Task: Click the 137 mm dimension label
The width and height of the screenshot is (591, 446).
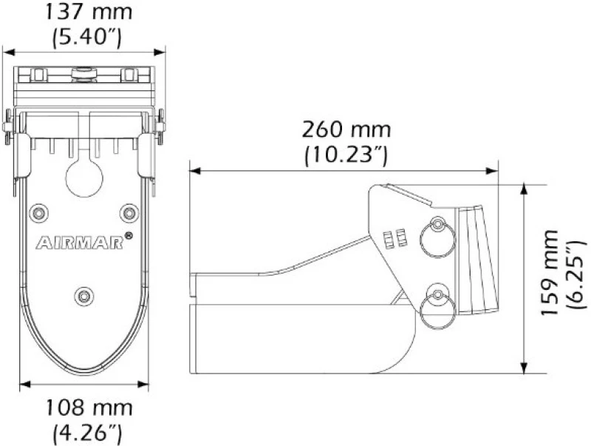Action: pos(89,12)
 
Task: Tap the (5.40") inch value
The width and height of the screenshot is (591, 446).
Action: pos(87,37)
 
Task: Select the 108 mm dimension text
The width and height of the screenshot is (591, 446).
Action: pos(89,408)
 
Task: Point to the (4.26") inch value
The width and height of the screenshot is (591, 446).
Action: pos(87,433)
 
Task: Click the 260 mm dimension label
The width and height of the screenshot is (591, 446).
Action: pos(346,129)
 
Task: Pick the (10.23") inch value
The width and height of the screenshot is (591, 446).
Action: pos(346,155)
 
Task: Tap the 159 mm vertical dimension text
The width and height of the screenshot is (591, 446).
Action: pos(549,272)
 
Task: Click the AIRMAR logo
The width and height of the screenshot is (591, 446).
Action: pos(80,243)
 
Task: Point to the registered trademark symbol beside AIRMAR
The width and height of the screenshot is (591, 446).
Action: pos(128,236)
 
